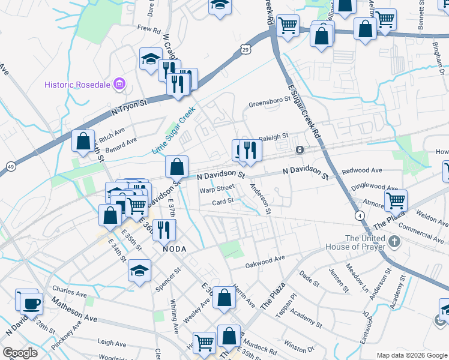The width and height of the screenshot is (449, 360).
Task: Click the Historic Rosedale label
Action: [77, 84]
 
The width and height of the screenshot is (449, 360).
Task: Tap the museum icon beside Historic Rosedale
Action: [119, 84]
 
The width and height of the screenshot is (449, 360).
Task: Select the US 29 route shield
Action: [246, 52]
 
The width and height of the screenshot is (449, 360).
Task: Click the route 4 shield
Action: [359, 214]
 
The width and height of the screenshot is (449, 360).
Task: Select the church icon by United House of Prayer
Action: [394, 242]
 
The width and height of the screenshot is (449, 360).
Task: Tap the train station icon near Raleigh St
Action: [299, 149]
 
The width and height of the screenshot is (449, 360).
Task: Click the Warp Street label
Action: [217, 188]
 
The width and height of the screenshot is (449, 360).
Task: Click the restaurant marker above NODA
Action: [163, 229]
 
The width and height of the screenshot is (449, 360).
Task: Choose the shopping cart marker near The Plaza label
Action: [396, 200]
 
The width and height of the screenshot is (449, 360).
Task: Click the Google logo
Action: [20, 353]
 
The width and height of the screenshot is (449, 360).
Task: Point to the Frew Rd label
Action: [149, 28]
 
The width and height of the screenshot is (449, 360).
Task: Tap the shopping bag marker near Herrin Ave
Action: [224, 297]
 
